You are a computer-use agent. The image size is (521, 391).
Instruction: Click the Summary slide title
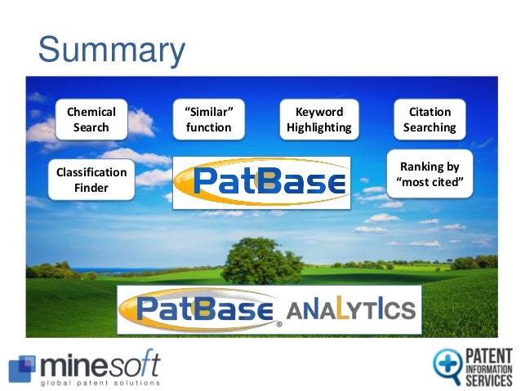click(x=112, y=51)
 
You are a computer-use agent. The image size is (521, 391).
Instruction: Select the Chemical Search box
click(x=91, y=119)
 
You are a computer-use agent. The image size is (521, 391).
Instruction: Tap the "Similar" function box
click(x=208, y=119)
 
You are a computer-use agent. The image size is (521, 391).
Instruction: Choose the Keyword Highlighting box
click(x=318, y=119)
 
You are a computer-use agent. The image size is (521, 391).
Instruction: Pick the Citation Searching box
click(x=430, y=119)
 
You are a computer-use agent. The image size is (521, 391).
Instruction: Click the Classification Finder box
click(x=91, y=180)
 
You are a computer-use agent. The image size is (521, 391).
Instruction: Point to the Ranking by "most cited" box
click(x=433, y=174)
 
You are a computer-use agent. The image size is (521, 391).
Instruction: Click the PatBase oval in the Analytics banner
click(x=201, y=309)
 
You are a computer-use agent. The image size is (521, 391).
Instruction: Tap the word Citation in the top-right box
click(x=430, y=112)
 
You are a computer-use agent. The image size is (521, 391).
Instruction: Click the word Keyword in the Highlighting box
click(x=318, y=112)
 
